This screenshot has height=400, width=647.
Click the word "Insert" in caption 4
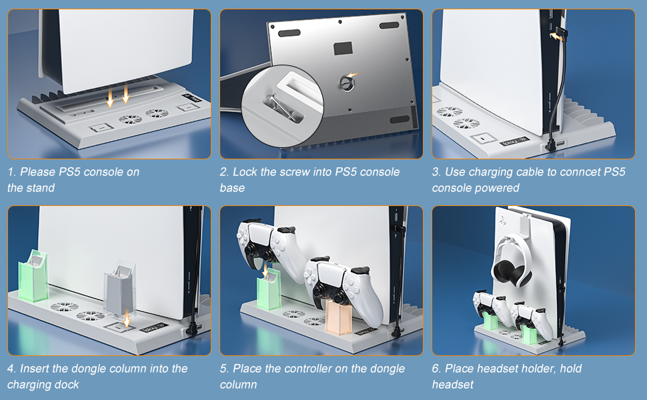35,368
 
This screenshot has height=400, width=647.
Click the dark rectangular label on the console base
343,48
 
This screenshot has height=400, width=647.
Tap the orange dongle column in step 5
338,316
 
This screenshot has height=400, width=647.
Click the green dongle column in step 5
269,293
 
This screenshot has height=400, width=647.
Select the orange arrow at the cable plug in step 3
557,36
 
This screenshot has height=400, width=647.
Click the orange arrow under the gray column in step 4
127,318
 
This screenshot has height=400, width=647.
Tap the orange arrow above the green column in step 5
265,270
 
